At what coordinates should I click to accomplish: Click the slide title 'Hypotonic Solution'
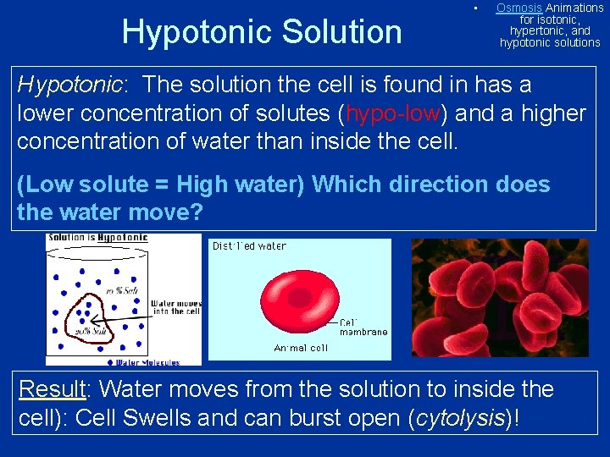(x=262, y=32)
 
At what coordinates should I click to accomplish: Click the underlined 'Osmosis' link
(x=519, y=8)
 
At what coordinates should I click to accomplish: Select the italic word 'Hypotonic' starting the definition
(x=69, y=85)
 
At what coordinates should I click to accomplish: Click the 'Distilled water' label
(x=249, y=246)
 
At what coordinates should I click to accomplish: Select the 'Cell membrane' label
(x=363, y=327)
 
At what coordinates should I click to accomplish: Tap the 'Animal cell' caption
(x=301, y=348)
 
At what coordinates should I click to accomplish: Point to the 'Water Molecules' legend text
(x=147, y=363)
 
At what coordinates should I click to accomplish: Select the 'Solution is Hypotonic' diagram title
(x=98, y=238)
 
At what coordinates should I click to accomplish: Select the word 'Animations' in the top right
(x=574, y=8)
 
